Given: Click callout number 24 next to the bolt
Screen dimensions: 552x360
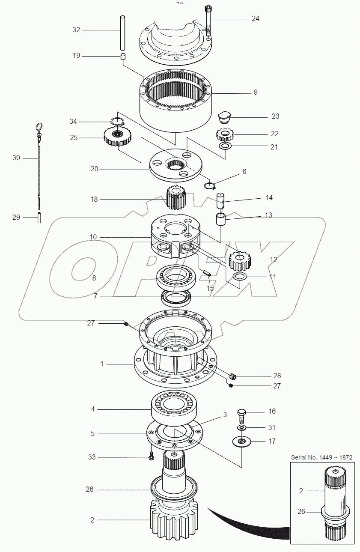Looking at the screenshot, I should point(255,19).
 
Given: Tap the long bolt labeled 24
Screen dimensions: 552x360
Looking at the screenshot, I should point(208,21).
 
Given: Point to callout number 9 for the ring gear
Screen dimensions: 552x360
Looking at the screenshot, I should point(255,92).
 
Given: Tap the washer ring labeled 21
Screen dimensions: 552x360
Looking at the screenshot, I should point(225,147).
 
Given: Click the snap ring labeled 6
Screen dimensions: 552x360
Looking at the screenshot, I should point(209,185).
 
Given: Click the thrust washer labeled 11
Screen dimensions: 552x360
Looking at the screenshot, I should point(241,277).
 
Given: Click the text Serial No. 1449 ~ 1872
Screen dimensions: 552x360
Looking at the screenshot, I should point(321,457).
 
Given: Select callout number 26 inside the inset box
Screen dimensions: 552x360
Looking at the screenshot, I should point(301,511).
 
